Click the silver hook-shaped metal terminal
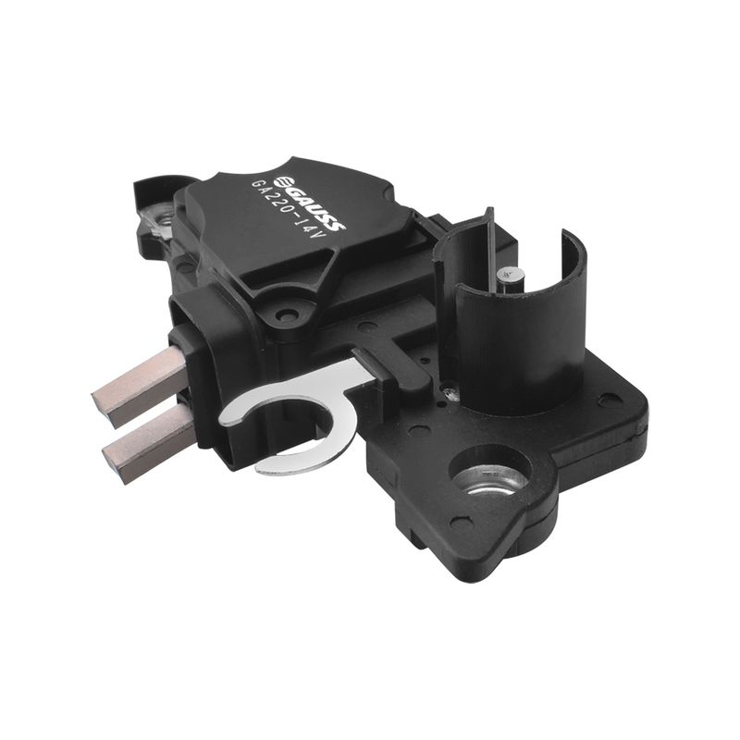(x=292, y=415)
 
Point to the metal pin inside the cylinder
(x=510, y=282)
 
